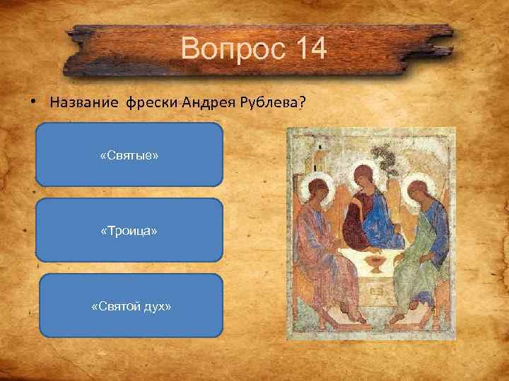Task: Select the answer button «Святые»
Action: click(x=129, y=155)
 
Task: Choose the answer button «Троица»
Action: click(x=129, y=231)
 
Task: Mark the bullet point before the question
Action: click(x=33, y=101)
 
